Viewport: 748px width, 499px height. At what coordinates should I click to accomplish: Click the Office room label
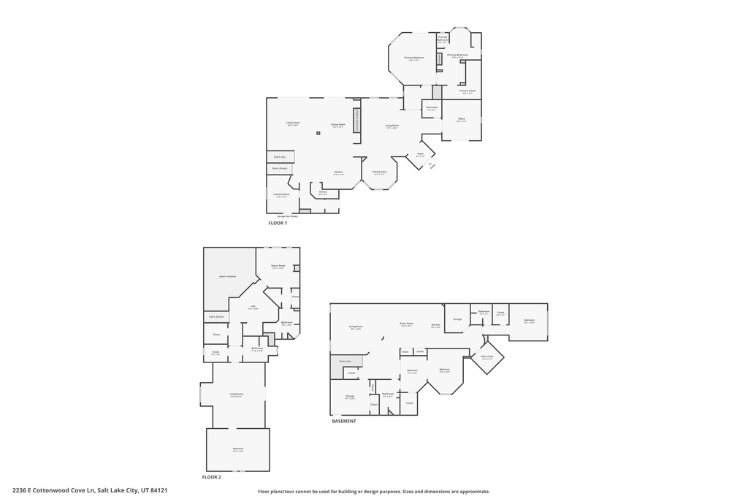click(461, 119)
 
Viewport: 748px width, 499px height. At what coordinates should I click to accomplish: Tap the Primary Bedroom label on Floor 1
click(414, 58)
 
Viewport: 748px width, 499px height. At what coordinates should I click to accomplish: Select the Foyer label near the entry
click(420, 154)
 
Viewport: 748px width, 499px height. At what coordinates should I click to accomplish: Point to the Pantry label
click(322, 193)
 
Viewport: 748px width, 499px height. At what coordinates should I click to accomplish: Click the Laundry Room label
click(281, 195)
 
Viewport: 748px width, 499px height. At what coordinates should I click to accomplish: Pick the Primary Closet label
click(467, 91)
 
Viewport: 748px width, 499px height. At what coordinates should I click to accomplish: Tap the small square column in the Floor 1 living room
click(318, 133)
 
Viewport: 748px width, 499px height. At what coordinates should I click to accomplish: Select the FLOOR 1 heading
click(278, 222)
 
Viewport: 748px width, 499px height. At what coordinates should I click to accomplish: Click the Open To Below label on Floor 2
click(228, 277)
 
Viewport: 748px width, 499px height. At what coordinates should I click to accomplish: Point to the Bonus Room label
click(278, 267)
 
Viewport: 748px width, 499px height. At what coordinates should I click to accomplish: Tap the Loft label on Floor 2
click(253, 307)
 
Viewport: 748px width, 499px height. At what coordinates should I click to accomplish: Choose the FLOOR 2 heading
click(212, 477)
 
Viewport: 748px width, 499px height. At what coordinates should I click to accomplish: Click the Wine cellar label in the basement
click(487, 357)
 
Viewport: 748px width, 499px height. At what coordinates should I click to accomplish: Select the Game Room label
click(407, 324)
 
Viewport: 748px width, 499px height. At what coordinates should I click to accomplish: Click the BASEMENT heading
click(344, 422)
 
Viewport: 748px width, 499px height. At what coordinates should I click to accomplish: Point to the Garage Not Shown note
click(287, 216)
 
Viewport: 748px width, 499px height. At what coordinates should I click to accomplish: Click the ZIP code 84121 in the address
click(159, 490)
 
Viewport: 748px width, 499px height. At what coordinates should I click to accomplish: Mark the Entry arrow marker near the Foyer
click(432, 166)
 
